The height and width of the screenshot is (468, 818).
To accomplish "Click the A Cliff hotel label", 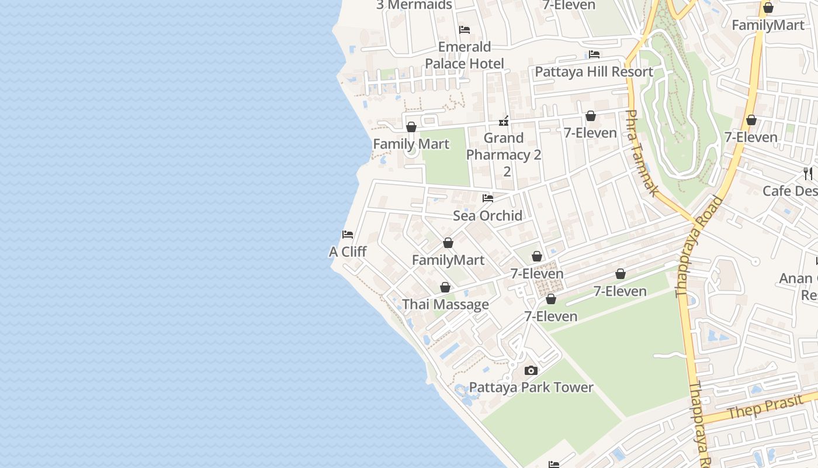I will pos(348,252).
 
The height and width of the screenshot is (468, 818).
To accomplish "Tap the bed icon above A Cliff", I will pos(348,235).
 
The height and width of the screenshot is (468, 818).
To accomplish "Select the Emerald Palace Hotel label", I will pos(465,55).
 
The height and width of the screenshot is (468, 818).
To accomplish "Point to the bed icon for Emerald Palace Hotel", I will pos(465,29).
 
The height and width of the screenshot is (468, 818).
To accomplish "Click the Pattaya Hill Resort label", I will pos(594,72).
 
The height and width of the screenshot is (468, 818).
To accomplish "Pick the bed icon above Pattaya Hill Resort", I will pos(594,54).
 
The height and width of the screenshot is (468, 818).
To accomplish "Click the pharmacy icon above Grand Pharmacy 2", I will pos(504,122).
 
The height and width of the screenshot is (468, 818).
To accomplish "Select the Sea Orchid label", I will pos(488,216).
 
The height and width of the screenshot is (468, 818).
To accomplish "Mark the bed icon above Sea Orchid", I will pos(488,198).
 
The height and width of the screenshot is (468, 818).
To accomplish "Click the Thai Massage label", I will pos(445,305).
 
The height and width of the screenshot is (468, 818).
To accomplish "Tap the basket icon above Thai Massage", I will pos(445,287).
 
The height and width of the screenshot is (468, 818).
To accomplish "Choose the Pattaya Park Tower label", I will pos(531,388).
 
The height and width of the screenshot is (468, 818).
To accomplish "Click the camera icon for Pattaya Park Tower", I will pos(531,370).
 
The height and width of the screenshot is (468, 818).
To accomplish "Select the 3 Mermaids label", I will pos(414,5).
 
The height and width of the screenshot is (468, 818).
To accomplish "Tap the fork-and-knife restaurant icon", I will pos(808,173).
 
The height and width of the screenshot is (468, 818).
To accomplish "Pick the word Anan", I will pos(796,278).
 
